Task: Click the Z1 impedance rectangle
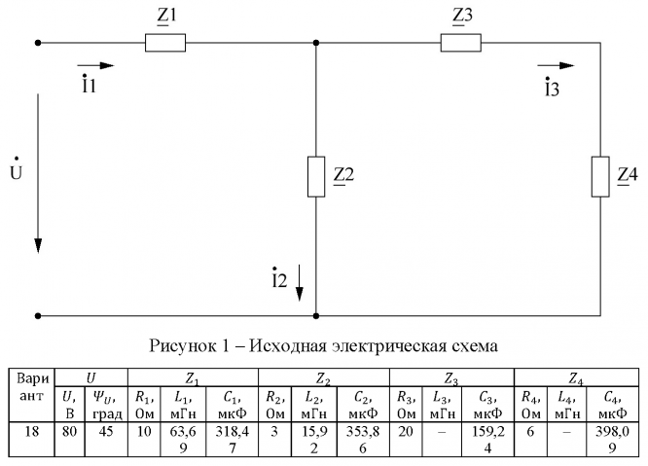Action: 164,43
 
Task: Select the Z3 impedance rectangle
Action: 460,43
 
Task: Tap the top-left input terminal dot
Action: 38,43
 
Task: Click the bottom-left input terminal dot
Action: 38,315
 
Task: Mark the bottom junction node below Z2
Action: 316,315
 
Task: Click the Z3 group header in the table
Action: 450,375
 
